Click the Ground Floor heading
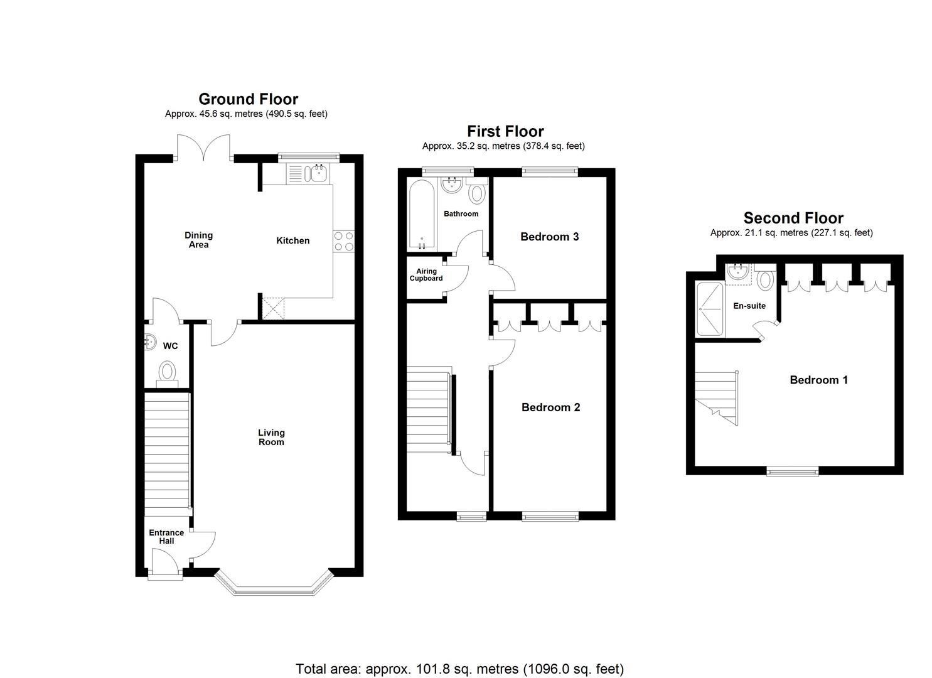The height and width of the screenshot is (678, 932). click(248, 99)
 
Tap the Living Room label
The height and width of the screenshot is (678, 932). click(271, 437)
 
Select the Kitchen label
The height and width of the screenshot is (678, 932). click(293, 240)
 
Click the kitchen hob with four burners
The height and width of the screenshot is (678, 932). click(343, 241)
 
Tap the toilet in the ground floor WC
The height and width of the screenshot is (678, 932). click(167, 372)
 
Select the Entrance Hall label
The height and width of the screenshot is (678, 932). click(166, 537)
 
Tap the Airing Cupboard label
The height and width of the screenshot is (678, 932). click(426, 275)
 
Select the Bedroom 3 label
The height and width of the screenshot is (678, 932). click(549, 237)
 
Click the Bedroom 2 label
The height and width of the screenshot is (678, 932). click(550, 407)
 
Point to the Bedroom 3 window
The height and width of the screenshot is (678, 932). click(550, 169)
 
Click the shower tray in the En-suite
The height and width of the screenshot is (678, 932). click(710, 308)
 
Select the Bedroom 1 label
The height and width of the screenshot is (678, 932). click(818, 380)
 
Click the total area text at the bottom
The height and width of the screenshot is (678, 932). click(459, 669)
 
